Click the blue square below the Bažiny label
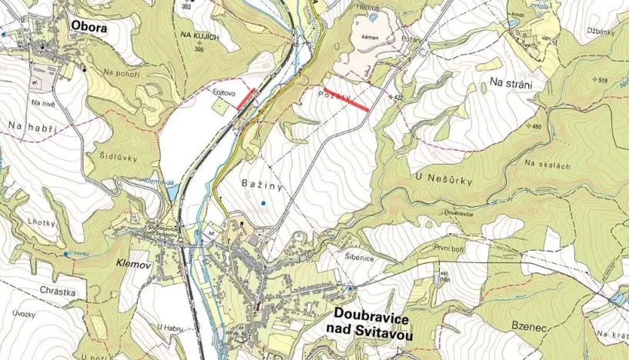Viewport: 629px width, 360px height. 263,203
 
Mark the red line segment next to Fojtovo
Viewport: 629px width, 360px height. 246,98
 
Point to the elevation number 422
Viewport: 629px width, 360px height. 398,98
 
